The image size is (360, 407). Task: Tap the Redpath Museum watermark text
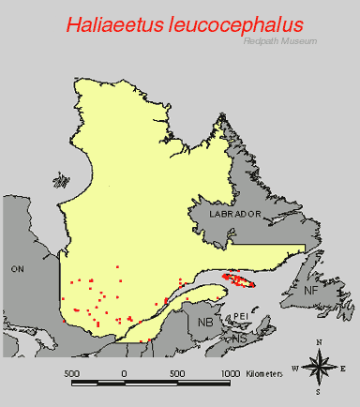pos(279,41)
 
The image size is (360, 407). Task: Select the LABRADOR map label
pos(232,215)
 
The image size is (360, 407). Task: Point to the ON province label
pos(17,269)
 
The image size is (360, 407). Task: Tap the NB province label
pos(205,322)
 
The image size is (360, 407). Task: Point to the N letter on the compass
pos(320,342)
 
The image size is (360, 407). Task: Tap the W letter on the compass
pos(296,368)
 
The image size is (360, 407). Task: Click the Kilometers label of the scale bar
pos(265,374)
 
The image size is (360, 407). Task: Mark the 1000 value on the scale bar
pos(230,374)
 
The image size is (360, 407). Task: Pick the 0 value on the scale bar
pos(125,374)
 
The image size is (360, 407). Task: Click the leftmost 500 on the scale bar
pos(72,374)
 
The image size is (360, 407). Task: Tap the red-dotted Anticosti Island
pos(240,280)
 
